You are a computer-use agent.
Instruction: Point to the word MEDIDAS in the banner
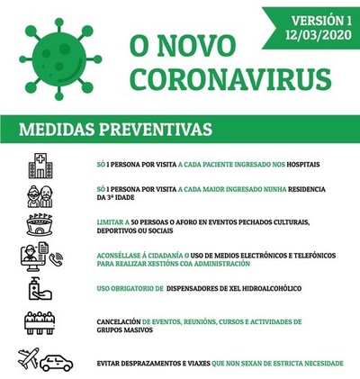click(63, 130)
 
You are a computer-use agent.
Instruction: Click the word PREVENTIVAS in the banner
click(161, 130)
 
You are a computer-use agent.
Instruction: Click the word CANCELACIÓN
click(116, 321)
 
